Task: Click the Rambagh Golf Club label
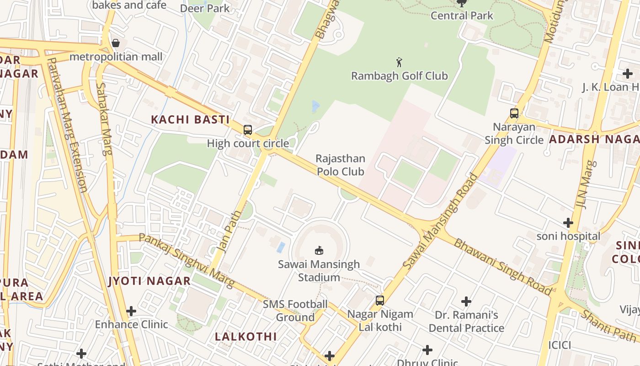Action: [399, 76]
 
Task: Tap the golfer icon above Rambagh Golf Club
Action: [399, 62]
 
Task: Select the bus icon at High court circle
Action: [247, 130]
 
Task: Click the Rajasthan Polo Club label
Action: [341, 165]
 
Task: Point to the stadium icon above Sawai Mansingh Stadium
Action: [319, 250]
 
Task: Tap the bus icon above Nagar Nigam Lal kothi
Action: [379, 301]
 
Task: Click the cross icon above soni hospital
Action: [568, 223]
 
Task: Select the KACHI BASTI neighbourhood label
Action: [190, 120]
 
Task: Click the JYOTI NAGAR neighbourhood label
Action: [149, 281]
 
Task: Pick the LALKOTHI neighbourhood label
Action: [246, 337]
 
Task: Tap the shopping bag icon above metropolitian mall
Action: [116, 43]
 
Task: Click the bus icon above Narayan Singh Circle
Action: [514, 113]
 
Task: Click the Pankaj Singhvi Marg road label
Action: [186, 260]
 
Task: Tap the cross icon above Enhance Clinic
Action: [131, 311]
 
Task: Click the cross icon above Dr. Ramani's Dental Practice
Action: [466, 301]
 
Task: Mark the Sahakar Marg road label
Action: [104, 119]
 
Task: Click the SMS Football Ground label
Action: [295, 311]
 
